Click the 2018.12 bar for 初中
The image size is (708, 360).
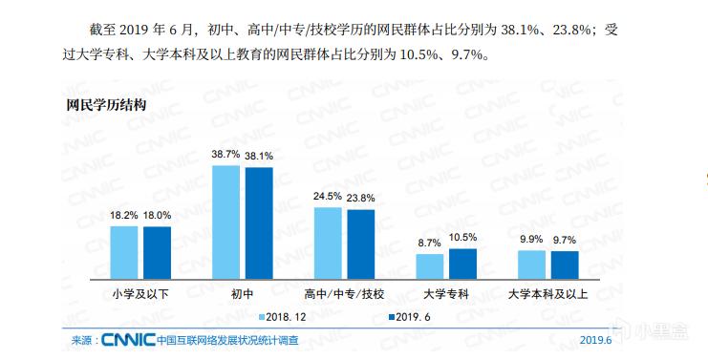click(225, 221)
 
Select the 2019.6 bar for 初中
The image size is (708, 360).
click(259, 222)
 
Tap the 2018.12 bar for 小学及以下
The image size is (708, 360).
click(123, 250)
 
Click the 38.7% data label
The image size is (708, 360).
click(225, 155)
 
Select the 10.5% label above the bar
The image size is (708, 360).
click(462, 237)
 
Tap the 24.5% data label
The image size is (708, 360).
click(328, 197)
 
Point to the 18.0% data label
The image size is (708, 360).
click(158, 216)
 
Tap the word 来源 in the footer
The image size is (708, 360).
click(82, 340)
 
